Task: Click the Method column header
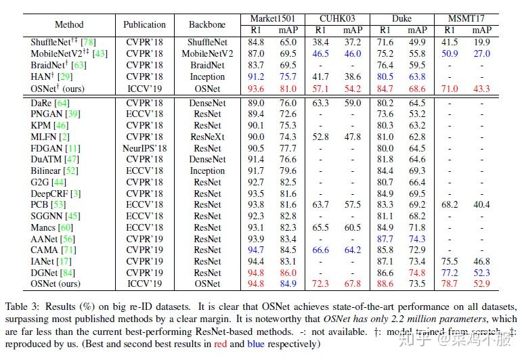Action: pyautogui.click(x=69, y=24)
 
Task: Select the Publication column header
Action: pyautogui.click(x=144, y=24)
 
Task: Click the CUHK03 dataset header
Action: pyautogui.click(x=337, y=18)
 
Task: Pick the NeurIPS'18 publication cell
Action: pyautogui.click(x=144, y=148)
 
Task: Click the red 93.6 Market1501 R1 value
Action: pyautogui.click(x=257, y=88)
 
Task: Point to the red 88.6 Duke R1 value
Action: pyautogui.click(x=385, y=284)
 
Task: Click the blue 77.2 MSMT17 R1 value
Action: pyautogui.click(x=450, y=272)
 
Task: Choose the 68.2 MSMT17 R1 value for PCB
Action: pyautogui.click(x=450, y=204)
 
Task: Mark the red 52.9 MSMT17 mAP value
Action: pyautogui.click(x=482, y=284)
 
